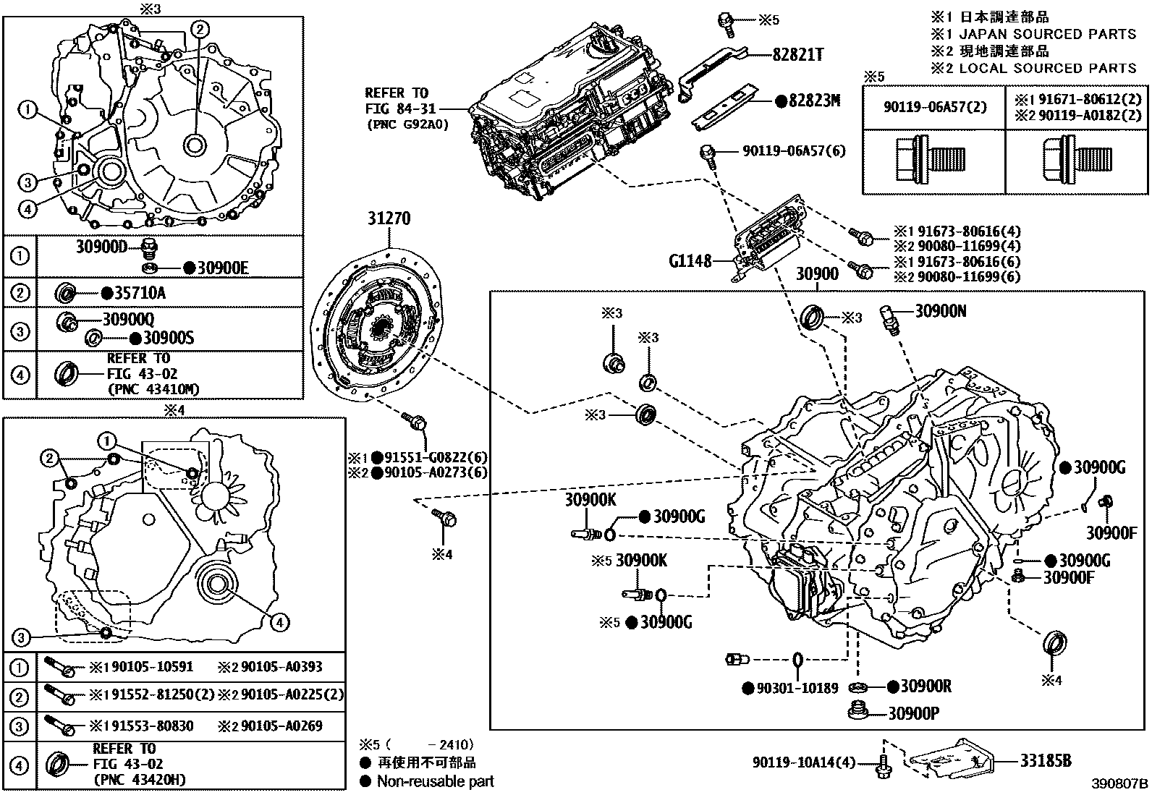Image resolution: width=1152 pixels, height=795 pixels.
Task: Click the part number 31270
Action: click(x=390, y=218)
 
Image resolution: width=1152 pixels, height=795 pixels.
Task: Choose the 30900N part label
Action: click(x=941, y=311)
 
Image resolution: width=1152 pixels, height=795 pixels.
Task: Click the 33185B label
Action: click(x=1045, y=760)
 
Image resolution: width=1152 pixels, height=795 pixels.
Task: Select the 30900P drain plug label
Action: click(x=914, y=714)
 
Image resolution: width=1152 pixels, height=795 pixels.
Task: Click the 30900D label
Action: click(x=101, y=247)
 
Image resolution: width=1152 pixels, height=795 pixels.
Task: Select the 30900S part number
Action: click(x=169, y=338)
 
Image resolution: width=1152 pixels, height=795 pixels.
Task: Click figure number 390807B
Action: click(x=1120, y=784)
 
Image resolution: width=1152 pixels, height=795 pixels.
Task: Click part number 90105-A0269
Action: click(x=281, y=726)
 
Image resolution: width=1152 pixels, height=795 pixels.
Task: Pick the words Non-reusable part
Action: click(x=435, y=781)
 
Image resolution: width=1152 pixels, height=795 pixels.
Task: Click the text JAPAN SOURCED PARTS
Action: click(x=1047, y=34)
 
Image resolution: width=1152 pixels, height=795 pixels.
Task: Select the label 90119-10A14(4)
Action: click(x=803, y=762)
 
